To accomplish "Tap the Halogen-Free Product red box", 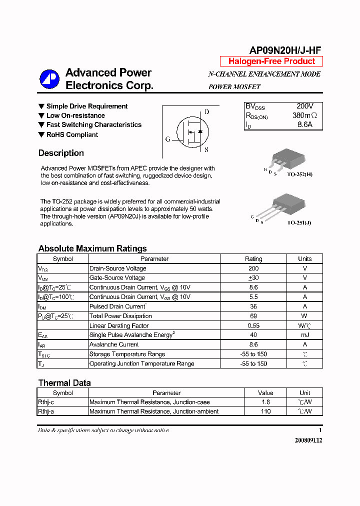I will click(x=271, y=61).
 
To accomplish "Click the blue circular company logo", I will click(x=50, y=79).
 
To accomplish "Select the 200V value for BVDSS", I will click(x=304, y=106).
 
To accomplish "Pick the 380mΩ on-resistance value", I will click(x=304, y=115).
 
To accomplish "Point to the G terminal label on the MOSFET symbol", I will click(x=167, y=139).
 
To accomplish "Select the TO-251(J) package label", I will click(x=299, y=222).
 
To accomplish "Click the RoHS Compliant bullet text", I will click(x=72, y=134).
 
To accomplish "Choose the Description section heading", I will click(x=61, y=153).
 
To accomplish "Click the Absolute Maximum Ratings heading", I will click(x=92, y=248).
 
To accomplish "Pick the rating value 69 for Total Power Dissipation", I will click(x=253, y=316).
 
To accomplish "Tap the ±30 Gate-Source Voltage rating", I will click(x=253, y=278).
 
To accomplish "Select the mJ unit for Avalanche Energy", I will click(x=304, y=335).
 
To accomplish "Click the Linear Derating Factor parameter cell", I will click(x=119, y=325).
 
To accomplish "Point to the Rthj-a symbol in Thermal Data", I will click(x=46, y=411).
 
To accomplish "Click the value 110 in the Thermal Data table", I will click(x=265, y=411).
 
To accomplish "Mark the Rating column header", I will click(x=253, y=259).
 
